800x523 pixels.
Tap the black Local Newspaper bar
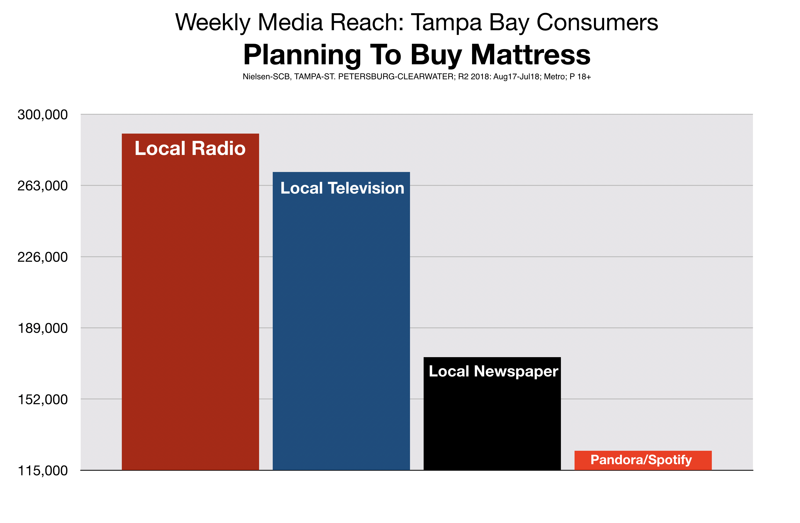click(492, 413)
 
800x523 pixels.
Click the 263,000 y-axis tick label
click(43, 186)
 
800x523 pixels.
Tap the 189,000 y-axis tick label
click(43, 328)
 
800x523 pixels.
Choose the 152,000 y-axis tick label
click(43, 400)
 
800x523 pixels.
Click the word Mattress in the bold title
click(530, 55)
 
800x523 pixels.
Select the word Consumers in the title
click(597, 22)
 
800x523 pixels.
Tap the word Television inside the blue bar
click(366, 188)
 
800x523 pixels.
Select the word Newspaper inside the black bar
click(516, 372)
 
